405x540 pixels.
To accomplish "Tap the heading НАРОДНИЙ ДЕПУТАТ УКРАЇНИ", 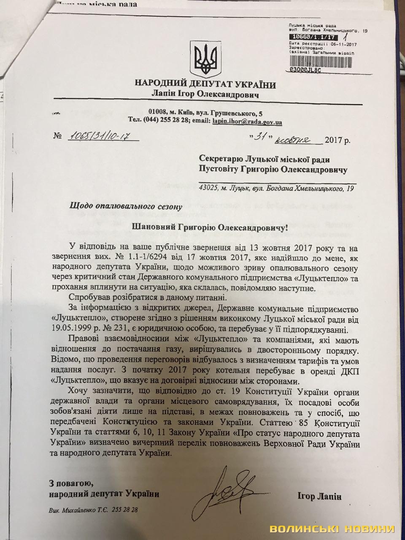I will (x=205, y=85).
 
